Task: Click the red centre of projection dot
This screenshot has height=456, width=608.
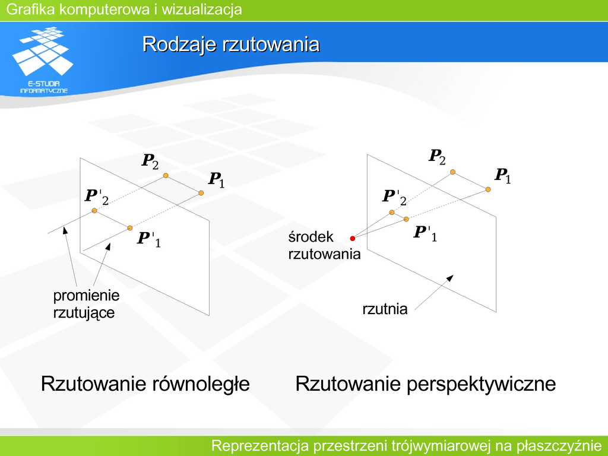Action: tap(353, 239)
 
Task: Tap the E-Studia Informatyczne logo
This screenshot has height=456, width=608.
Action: tap(43, 60)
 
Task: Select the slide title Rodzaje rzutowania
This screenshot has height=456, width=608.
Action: tap(231, 44)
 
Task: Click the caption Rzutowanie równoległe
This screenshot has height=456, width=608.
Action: tap(145, 384)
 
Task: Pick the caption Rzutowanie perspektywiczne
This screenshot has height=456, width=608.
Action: tap(425, 384)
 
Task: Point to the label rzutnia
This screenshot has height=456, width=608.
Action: tap(385, 309)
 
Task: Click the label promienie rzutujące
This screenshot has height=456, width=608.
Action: tap(86, 305)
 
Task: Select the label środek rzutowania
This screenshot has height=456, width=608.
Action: tap(324, 245)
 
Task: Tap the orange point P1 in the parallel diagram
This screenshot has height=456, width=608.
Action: tap(201, 193)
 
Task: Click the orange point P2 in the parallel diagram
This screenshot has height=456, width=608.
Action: tap(166, 176)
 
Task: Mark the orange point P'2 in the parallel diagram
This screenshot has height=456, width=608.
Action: tap(94, 211)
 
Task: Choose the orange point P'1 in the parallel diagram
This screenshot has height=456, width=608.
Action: tap(130, 228)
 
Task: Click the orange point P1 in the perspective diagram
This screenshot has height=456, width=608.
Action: tap(488, 189)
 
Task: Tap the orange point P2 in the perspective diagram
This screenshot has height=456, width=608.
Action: tap(452, 172)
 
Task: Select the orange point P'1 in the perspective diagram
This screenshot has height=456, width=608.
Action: tap(406, 219)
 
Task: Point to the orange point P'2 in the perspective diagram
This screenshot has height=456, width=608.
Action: tap(392, 212)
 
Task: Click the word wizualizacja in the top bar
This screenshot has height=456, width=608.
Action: tap(202, 9)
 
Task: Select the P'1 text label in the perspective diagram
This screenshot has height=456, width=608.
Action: tap(425, 233)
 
